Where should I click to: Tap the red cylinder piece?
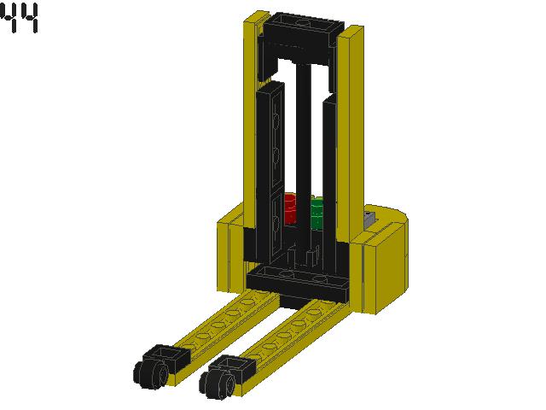[x=289, y=208]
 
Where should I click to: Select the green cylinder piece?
[x=317, y=213]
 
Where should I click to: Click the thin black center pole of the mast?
[x=304, y=154]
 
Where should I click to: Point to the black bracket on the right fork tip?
[x=235, y=369]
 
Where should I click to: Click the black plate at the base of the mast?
[x=299, y=281]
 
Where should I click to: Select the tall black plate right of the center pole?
[x=330, y=171]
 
